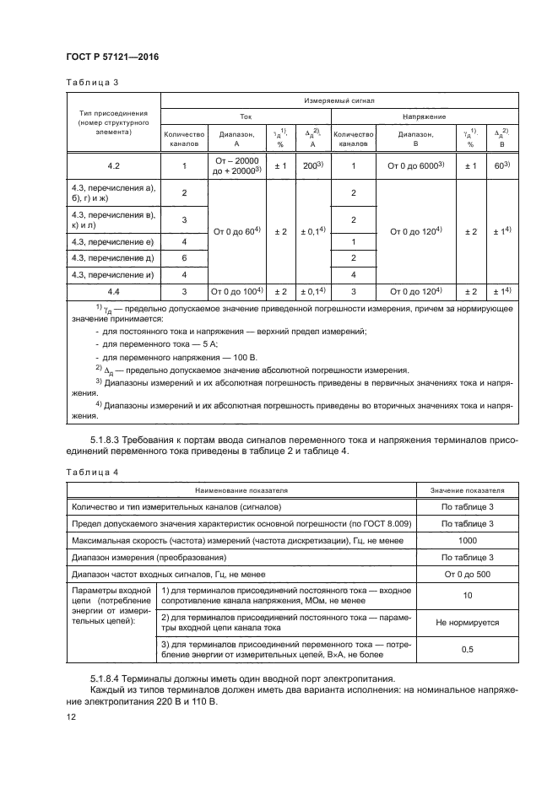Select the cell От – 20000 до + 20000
(235, 166)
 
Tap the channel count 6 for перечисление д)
(184, 258)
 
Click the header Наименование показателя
(242, 489)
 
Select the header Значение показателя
(467, 489)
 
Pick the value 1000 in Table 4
(467, 540)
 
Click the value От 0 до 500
(467, 574)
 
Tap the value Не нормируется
(467, 622)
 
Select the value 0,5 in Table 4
(467, 651)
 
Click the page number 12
(71, 716)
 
